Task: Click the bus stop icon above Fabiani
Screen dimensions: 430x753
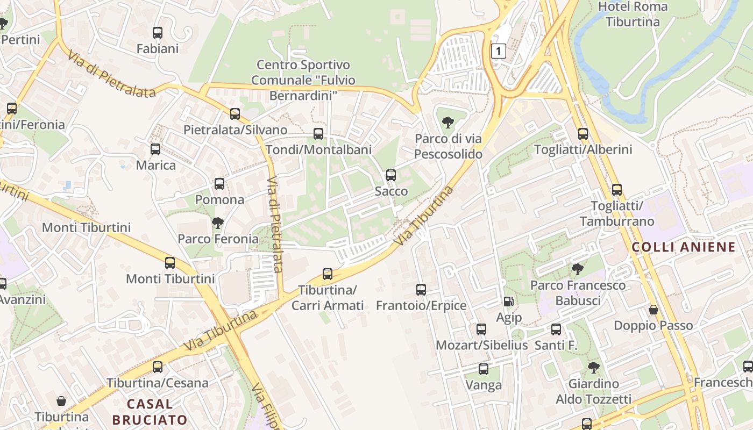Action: (158, 32)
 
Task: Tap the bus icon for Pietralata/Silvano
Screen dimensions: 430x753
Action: (235, 113)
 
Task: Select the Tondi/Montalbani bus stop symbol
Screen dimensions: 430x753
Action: (318, 133)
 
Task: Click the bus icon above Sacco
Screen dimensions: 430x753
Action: (391, 175)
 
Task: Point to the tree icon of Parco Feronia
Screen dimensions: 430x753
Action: (218, 223)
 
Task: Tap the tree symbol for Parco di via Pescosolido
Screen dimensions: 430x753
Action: (447, 123)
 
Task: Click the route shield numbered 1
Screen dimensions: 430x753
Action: (499, 51)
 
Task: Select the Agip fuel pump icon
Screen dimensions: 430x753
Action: (508, 302)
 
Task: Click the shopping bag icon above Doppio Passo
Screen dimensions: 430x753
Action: (653, 310)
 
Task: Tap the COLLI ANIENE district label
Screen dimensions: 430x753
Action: (683, 247)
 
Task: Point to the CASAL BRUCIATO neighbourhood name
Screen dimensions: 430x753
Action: (150, 412)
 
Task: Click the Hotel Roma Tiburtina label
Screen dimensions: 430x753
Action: (633, 15)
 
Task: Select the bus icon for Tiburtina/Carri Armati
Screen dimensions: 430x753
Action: (328, 274)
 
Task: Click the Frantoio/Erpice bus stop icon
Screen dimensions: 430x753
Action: (421, 290)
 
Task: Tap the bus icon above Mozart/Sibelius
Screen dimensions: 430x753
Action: (481, 329)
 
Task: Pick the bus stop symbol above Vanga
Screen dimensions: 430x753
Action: (484, 369)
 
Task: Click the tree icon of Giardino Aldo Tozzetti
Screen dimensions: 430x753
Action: (593, 368)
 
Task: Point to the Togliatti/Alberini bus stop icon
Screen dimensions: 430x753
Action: (583, 133)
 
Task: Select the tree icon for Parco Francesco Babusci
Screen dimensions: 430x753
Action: (578, 269)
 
